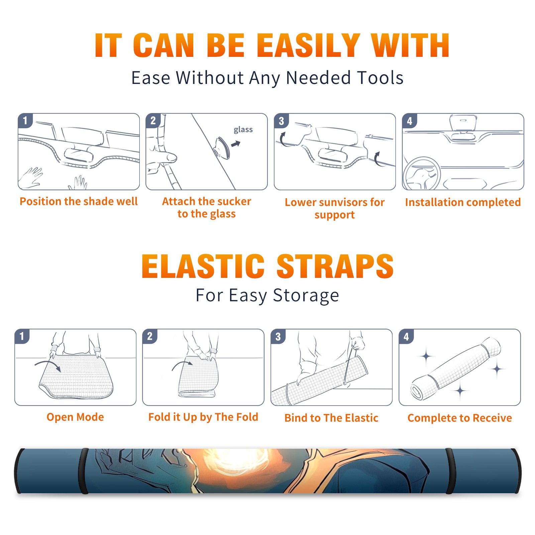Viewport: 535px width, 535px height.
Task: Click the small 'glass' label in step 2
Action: point(243,130)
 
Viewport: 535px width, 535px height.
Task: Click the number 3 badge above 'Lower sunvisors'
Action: point(281,121)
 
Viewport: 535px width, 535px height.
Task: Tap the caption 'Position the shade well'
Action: point(79,201)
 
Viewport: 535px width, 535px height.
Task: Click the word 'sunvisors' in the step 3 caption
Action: point(343,202)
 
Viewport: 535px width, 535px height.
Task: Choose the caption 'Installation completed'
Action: point(463,202)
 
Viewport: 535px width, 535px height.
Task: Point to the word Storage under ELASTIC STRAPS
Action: point(306,296)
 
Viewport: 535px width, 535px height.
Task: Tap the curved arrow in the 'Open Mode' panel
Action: point(48,364)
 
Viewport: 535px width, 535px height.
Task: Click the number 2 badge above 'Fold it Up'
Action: point(150,336)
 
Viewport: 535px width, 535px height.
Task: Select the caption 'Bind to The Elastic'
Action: point(331,418)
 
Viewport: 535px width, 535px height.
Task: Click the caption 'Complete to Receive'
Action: point(459,418)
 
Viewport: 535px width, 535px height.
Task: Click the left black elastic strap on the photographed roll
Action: point(83,471)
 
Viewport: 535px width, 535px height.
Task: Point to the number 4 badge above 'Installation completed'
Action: point(410,121)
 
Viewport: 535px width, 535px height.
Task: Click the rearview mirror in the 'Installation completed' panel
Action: point(463,123)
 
